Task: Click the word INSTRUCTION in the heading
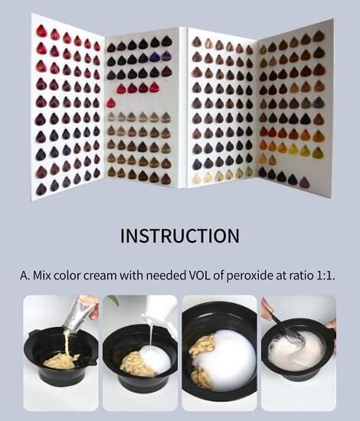pos(180,235)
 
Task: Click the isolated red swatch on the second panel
pos(111,103)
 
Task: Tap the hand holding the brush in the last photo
pos(267,309)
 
